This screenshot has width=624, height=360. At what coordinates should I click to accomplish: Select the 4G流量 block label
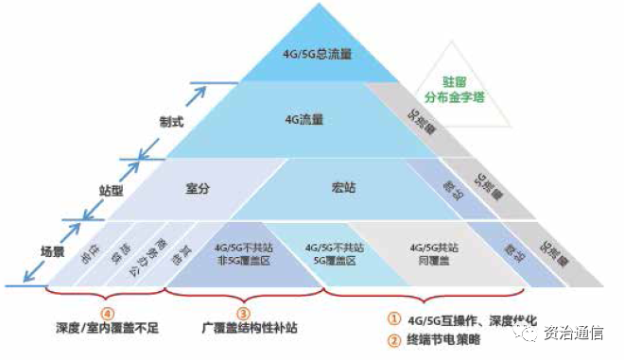[x=304, y=120]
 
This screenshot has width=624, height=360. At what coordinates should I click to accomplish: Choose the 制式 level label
[x=171, y=122]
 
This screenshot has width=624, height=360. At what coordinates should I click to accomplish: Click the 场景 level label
[x=53, y=251]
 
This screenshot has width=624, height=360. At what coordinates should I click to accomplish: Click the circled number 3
[x=243, y=313]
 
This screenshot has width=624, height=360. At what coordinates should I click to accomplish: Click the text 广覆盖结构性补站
[x=243, y=328]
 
